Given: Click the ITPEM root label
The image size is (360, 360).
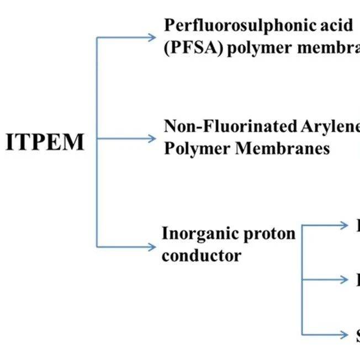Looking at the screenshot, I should point(45,142).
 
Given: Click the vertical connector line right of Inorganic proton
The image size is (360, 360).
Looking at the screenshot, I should point(302,279).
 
